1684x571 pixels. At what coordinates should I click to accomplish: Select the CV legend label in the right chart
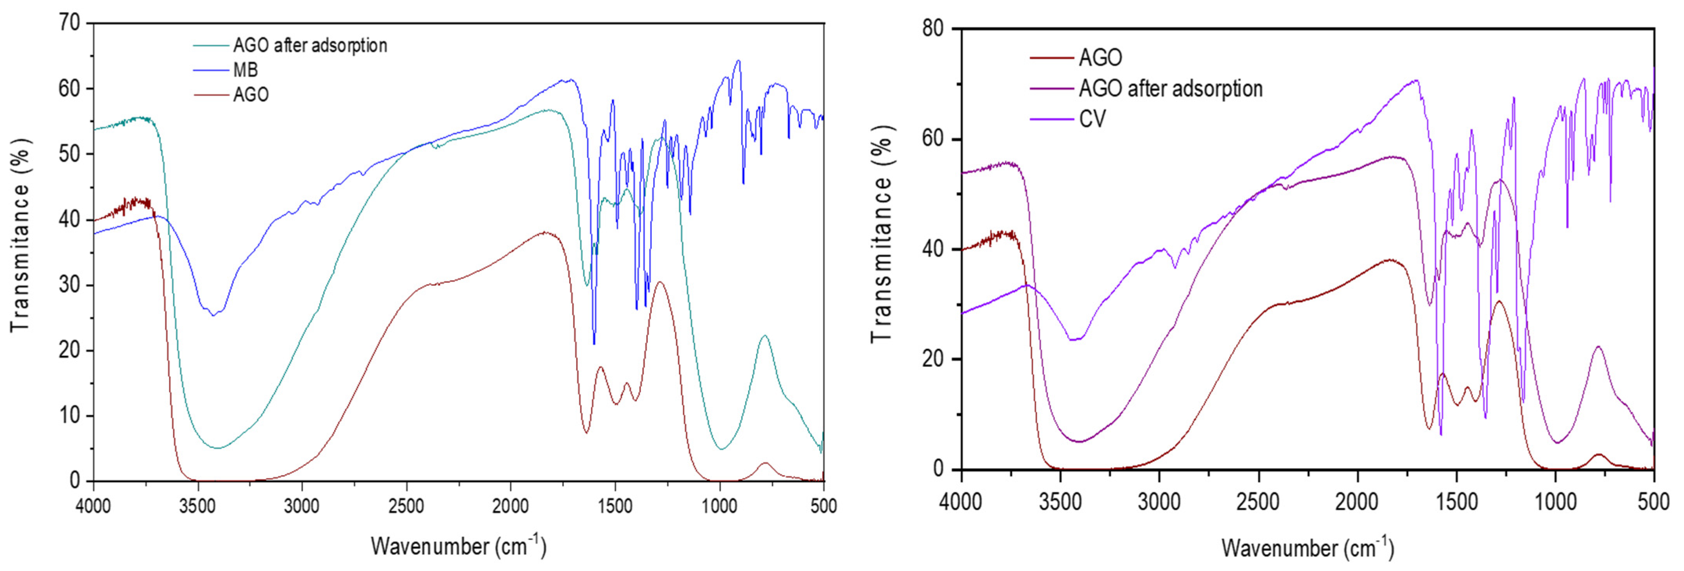click(1092, 119)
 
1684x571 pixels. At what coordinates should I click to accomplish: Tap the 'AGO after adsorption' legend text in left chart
click(310, 45)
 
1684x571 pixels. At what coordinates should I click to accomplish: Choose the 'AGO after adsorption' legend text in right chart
click(1170, 88)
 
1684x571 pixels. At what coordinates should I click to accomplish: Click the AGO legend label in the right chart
click(1100, 58)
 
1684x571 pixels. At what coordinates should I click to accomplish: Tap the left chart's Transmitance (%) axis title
click(21, 236)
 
